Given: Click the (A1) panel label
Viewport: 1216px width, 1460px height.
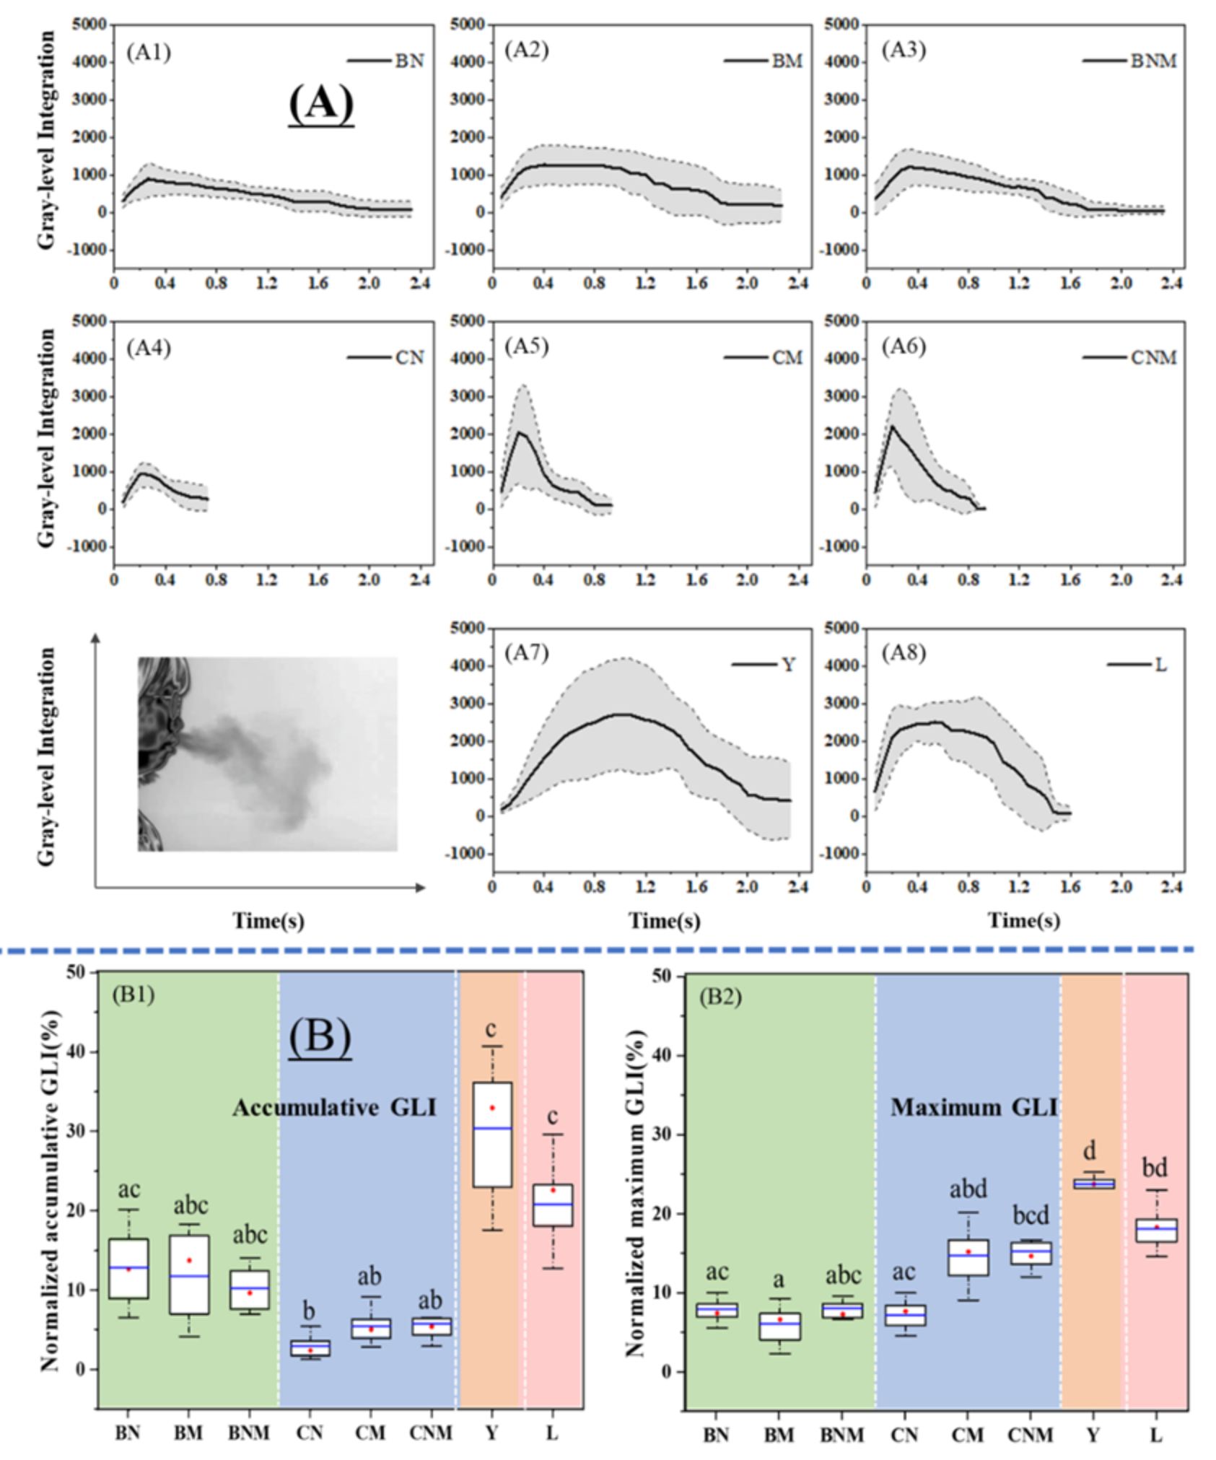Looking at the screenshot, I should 149,53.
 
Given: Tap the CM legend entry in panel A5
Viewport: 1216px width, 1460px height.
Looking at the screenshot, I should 764,357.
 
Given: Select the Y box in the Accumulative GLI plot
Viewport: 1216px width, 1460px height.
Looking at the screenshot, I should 492,1135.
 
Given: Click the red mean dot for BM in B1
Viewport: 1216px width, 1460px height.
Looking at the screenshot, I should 189,1260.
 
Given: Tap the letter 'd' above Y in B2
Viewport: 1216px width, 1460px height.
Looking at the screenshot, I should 1090,1150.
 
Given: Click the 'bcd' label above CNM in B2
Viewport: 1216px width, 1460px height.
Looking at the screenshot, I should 1031,1215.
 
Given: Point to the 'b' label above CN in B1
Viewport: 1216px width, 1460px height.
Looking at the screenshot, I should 310,1311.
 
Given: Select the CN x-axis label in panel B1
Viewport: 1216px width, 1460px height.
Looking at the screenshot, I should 310,1433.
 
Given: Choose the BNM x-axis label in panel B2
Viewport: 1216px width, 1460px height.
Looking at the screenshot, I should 841,1435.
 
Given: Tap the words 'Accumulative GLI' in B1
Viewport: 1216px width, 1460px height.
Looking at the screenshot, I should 334,1107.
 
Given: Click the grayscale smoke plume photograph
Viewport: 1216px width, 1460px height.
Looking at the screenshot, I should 268,753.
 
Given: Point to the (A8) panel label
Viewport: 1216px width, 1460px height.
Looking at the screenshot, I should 904,653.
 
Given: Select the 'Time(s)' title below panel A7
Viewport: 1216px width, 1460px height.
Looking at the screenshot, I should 664,920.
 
